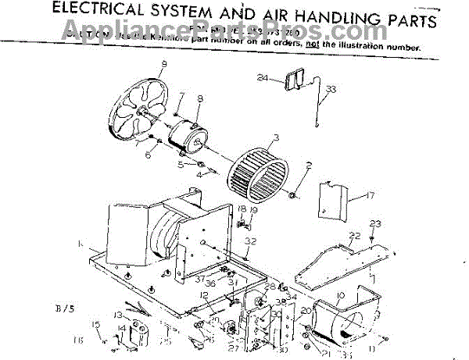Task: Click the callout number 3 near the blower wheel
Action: [x=274, y=138]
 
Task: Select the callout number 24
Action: [x=262, y=79]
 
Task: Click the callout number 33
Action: [x=331, y=90]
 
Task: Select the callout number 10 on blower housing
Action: [x=339, y=294]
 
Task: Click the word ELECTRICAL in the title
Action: [x=109, y=13]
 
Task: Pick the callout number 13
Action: [x=117, y=314]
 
